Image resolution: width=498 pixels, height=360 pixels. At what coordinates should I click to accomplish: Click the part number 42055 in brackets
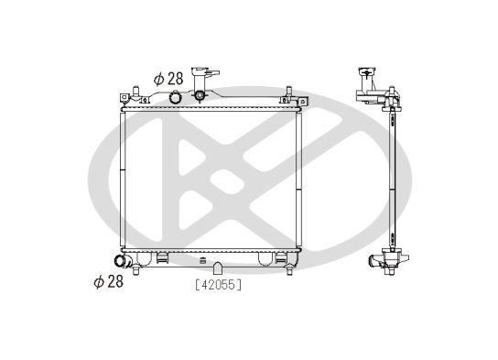(x=218, y=284)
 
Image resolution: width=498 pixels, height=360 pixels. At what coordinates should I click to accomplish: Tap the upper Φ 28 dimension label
(x=168, y=79)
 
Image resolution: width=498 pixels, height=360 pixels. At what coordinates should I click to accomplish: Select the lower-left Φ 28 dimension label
(x=109, y=281)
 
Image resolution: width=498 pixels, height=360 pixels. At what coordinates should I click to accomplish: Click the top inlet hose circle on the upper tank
(x=175, y=97)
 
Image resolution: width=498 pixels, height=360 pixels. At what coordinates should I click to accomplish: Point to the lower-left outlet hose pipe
(x=123, y=261)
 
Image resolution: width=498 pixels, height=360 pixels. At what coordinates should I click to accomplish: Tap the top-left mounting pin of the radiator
(x=135, y=92)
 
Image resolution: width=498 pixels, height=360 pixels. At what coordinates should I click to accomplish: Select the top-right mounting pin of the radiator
(x=289, y=92)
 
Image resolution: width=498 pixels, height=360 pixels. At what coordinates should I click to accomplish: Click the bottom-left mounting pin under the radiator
(x=135, y=270)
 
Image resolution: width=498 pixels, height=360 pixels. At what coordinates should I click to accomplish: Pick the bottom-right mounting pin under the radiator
(x=289, y=270)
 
